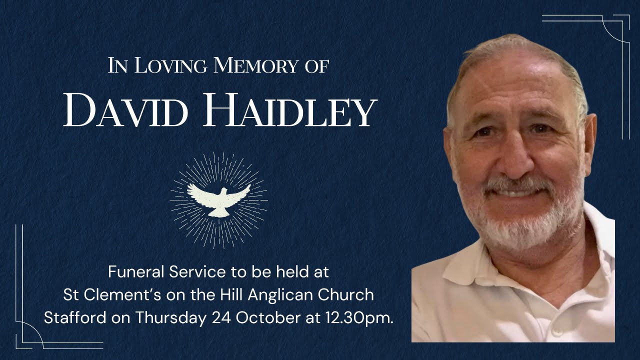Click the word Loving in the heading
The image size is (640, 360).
coord(169,66)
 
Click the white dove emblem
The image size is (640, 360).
coord(218,199)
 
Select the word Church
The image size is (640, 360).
coord(349,295)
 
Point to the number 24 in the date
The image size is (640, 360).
coord(221,318)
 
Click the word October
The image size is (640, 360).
coord(266,318)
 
